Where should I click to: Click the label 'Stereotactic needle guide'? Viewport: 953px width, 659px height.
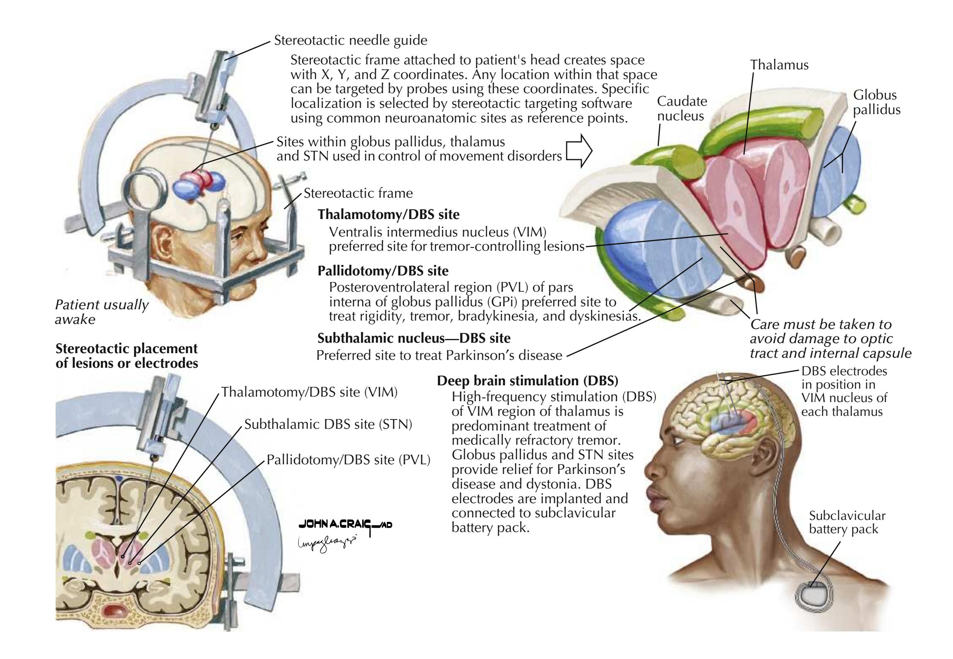pos(350,41)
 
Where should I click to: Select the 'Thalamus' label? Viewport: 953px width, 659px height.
pos(779,65)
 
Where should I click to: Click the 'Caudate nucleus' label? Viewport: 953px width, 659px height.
pos(682,109)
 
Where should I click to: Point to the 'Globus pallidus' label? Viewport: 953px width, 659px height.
pos(876,102)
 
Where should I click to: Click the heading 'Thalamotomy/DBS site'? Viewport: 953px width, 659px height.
pos(388,214)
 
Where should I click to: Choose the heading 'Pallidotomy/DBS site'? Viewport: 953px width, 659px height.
pos(383,271)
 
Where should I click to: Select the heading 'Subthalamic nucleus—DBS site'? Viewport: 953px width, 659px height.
pos(414,337)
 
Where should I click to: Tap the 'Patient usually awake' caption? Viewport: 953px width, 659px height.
pos(101,312)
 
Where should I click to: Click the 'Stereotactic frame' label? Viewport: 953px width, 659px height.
pos(358,193)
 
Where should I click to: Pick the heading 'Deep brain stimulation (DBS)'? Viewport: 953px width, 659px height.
pos(528,381)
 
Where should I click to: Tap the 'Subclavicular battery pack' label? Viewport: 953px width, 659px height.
pos(847,522)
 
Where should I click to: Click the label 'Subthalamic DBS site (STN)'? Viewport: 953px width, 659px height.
pos(328,425)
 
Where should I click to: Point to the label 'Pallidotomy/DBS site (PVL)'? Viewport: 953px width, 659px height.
pos(349,460)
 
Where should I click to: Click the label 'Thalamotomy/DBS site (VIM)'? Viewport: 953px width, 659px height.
pos(309,392)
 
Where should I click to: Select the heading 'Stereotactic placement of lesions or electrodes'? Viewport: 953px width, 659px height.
pos(127,356)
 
